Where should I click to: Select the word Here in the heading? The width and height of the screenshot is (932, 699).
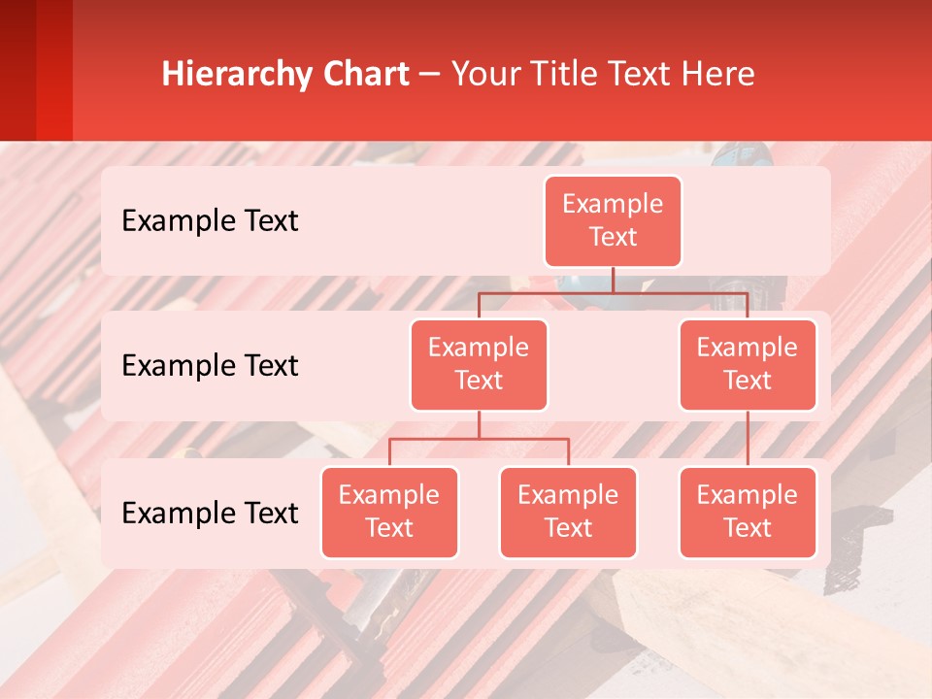coord(719,75)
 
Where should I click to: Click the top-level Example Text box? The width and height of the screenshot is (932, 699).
coord(613,220)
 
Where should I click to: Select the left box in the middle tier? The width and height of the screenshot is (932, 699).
coord(479,364)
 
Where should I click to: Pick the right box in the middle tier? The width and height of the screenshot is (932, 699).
coord(748,364)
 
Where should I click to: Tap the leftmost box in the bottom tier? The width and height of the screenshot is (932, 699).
coord(389,512)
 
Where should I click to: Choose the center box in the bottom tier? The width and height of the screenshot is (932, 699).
coord(568,512)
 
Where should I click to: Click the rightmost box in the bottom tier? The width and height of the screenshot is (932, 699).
coord(748,512)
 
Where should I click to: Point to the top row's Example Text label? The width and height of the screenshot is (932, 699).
coord(210,220)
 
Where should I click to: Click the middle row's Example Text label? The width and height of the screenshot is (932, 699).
coord(210,365)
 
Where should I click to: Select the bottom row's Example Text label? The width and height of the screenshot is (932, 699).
coord(210,513)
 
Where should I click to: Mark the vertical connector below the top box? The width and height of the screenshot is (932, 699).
coord(613,280)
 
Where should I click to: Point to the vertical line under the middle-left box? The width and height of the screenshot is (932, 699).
coord(479,424)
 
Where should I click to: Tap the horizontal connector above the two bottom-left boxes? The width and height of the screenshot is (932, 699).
coord(479,439)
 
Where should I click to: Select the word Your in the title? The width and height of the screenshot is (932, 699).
coord(483,75)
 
